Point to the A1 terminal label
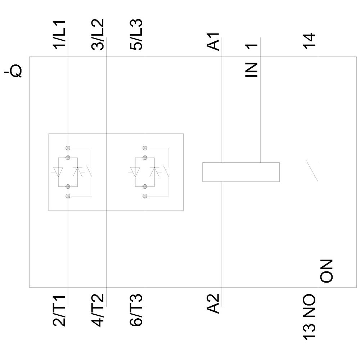(215, 41)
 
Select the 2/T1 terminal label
(60, 311)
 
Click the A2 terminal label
(215, 304)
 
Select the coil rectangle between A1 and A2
(241, 172)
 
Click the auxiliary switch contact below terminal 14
(312, 171)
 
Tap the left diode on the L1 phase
(58, 172)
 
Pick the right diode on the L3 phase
(155, 172)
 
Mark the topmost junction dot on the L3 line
(145, 148)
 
